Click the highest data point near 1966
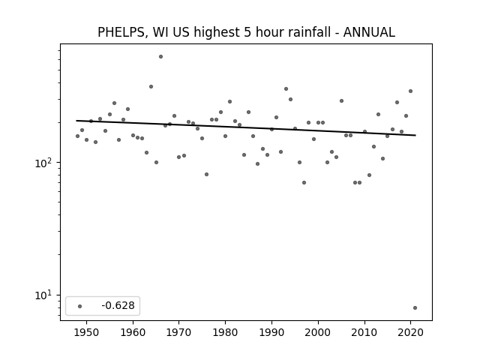click(x=160, y=57)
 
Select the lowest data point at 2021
click(x=415, y=308)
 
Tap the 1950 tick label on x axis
click(x=87, y=332)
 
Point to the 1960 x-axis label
click(x=133, y=332)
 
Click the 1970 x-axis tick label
click(x=179, y=332)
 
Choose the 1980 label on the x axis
click(x=225, y=332)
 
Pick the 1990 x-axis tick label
click(x=271, y=332)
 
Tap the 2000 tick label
click(x=318, y=332)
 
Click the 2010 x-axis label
click(x=364, y=332)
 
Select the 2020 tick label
click(x=410, y=332)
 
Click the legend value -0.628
click(x=118, y=305)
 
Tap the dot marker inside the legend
click(x=80, y=306)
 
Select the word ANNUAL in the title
click(x=369, y=32)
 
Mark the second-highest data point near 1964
click(x=151, y=87)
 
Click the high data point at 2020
click(x=410, y=91)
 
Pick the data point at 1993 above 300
click(x=286, y=89)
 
